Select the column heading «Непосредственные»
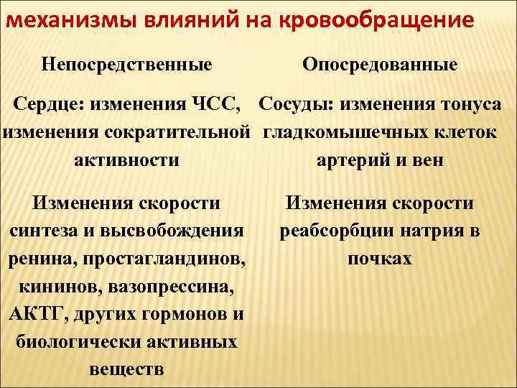pyautogui.click(x=126, y=65)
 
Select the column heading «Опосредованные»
pyautogui.click(x=380, y=65)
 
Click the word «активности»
pyautogui.click(x=127, y=159)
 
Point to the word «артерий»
pyautogui.click(x=350, y=159)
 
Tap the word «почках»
pyautogui.click(x=380, y=258)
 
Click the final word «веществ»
pyautogui.click(x=126, y=369)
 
